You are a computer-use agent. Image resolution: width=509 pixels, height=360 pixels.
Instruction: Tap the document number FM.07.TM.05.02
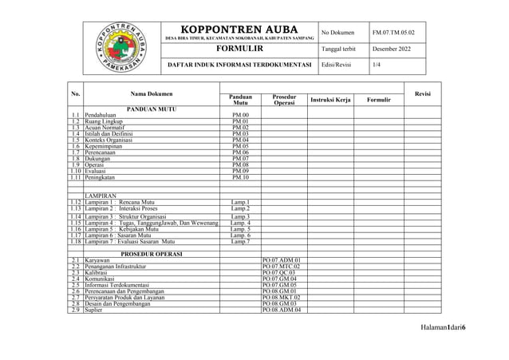pyautogui.click(x=393, y=33)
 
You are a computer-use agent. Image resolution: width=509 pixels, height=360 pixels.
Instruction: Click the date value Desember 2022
pyautogui.click(x=393, y=49)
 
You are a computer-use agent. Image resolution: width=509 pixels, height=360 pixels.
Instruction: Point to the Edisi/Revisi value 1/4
pyautogui.click(x=377, y=64)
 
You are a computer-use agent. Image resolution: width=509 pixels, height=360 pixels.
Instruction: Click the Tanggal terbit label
pyautogui.click(x=338, y=49)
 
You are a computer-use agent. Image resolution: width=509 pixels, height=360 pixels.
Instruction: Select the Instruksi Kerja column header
pyautogui.click(x=330, y=100)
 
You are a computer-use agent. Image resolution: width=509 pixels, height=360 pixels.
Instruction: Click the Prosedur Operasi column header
pyautogui.click(x=284, y=100)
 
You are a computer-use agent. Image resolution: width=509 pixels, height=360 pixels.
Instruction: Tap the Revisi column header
pyautogui.click(x=423, y=93)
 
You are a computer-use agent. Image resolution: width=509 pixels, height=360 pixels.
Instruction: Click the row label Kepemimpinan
pyautogui.click(x=106, y=146)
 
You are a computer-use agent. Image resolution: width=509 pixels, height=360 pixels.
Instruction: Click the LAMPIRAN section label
pyautogui.click(x=101, y=196)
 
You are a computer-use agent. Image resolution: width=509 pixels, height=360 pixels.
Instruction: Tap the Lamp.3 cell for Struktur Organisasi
pyautogui.click(x=240, y=216)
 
